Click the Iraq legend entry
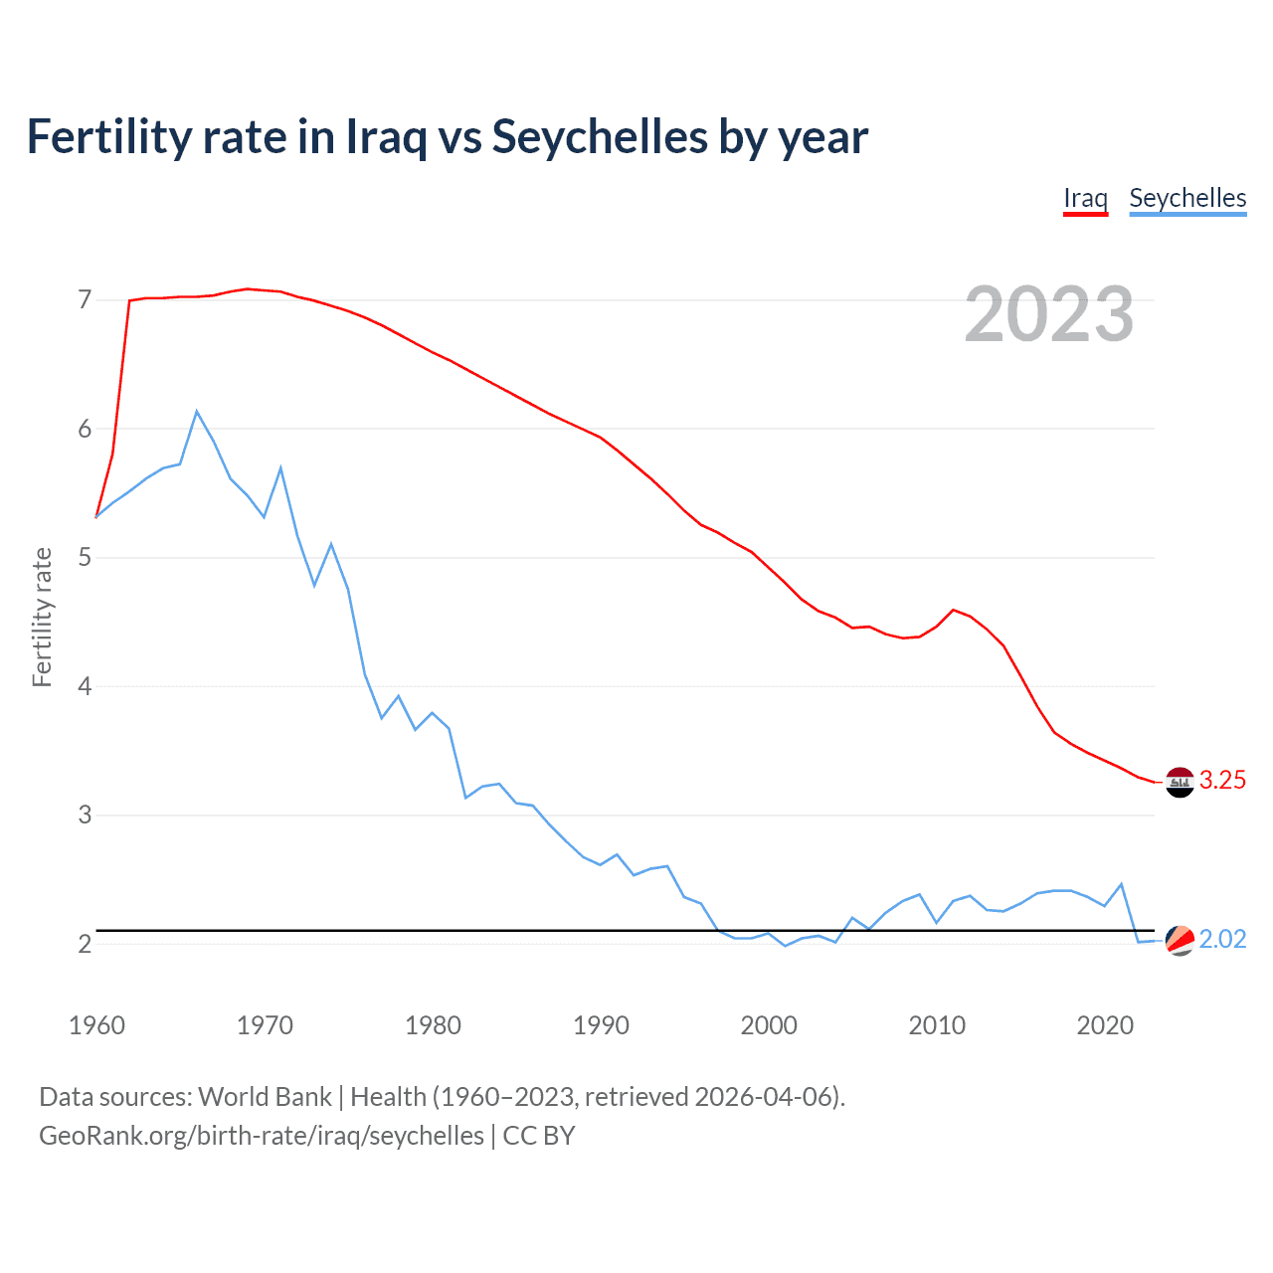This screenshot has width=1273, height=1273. click(1085, 198)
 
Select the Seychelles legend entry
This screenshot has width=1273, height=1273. click(1187, 198)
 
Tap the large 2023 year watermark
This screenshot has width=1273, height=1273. click(1049, 314)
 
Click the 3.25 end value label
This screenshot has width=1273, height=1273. click(1222, 781)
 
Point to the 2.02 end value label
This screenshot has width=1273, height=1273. click(1222, 940)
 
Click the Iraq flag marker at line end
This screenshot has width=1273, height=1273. click(1180, 783)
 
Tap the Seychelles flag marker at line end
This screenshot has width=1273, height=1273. click(1180, 940)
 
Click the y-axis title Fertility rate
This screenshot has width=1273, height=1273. click(42, 617)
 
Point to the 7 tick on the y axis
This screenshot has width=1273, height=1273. click(85, 299)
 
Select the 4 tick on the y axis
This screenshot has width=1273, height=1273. click(85, 686)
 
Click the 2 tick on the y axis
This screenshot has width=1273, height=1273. click(85, 944)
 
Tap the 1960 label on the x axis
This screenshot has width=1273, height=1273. click(96, 1025)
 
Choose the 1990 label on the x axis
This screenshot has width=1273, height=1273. click(601, 1025)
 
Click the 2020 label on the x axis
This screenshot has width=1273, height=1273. click(1105, 1025)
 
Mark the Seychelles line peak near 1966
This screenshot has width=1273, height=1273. click(197, 411)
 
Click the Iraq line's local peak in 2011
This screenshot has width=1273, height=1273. click(954, 610)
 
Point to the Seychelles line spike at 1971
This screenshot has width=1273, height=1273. click(281, 467)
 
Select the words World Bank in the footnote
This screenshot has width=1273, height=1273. click(265, 1097)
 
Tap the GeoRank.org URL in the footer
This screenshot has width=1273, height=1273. click(262, 1136)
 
